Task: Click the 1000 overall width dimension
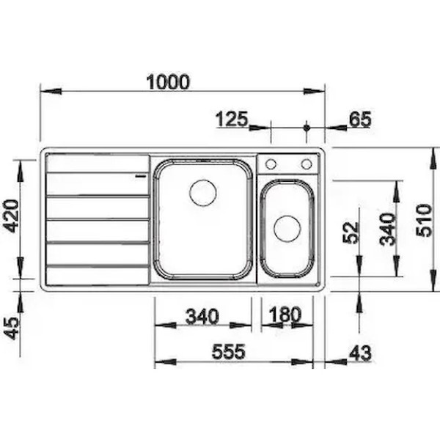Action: (168, 82)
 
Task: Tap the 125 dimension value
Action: (232, 119)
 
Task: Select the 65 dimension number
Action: (360, 119)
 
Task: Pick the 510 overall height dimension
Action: (423, 221)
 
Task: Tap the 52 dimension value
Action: (351, 232)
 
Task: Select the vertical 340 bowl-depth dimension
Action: (387, 229)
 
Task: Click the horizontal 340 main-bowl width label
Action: (202, 316)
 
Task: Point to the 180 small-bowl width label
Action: (285, 315)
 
